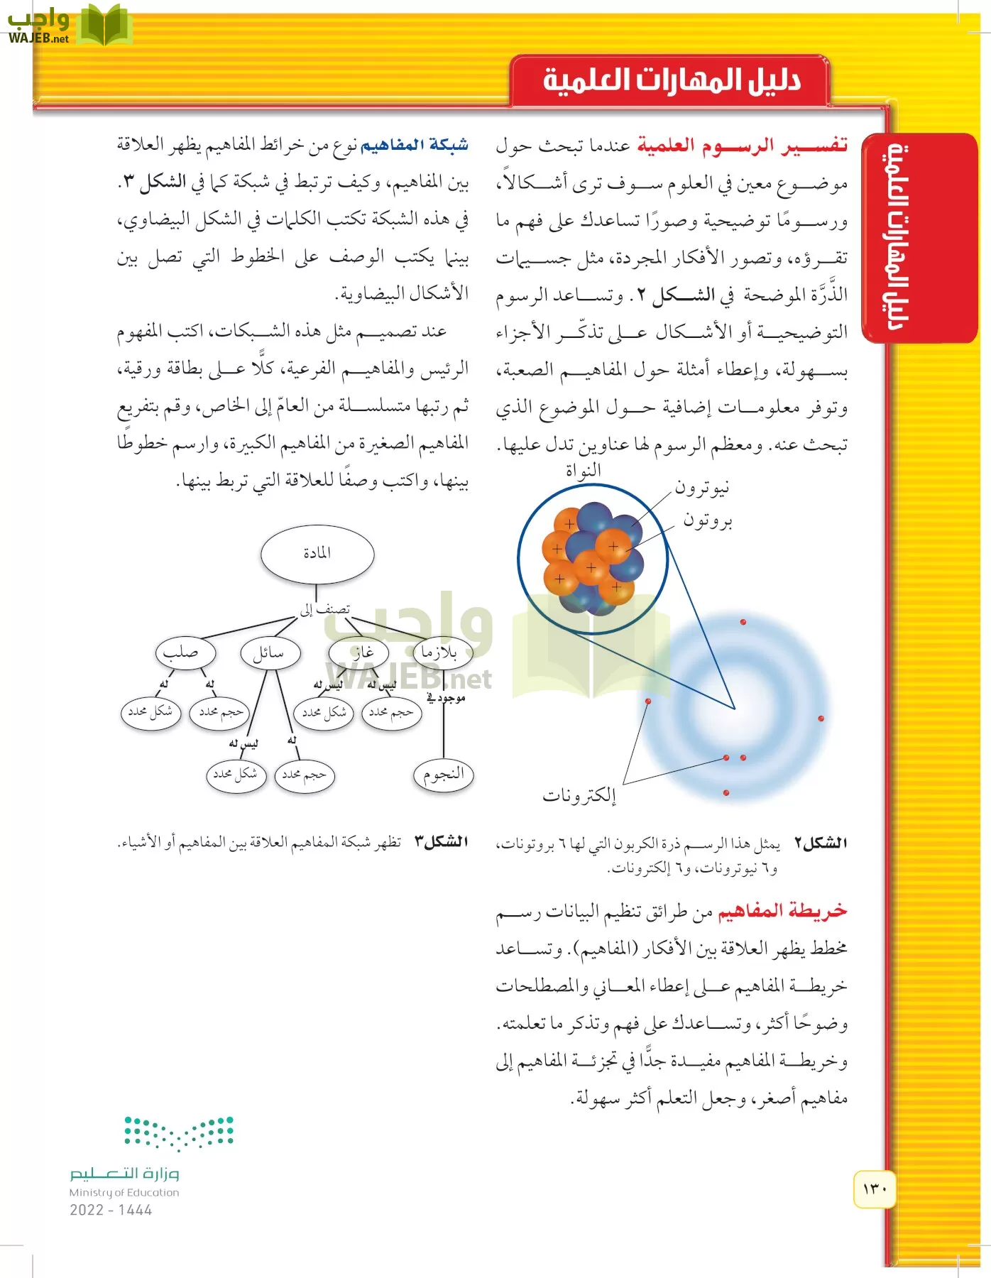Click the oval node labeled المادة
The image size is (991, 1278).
coord(317,554)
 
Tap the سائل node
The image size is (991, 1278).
coord(270,652)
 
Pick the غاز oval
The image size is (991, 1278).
coord(359,652)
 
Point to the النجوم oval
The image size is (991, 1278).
coord(443,774)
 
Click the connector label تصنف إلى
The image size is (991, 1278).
coord(324,609)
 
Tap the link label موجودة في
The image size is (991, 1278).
coord(446,699)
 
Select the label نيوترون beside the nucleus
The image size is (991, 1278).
coord(701,488)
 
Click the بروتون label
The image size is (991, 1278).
coord(707,520)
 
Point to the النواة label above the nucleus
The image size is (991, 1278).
coord(583,470)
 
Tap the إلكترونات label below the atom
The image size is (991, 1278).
coord(579,795)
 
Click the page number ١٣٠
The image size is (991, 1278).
coord(875,1189)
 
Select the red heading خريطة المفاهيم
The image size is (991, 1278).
coord(782,911)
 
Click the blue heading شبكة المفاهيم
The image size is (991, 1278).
coord(415,146)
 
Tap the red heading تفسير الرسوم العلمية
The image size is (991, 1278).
coord(742,146)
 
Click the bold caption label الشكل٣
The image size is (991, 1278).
coord(441,842)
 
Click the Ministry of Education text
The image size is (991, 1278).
coord(124,1193)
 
